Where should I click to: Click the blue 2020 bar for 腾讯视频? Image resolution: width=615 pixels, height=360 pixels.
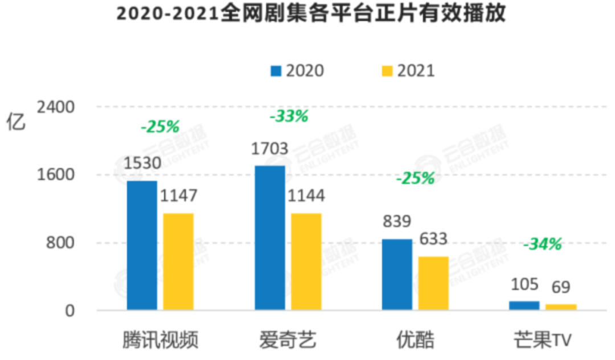pyautogui.click(x=142, y=246)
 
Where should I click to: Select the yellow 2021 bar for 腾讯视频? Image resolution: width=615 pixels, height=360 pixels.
pyautogui.click(x=178, y=262)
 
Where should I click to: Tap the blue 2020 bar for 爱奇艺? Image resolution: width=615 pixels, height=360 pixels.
pyautogui.click(x=270, y=238)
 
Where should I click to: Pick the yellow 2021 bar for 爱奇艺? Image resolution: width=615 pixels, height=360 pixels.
pyautogui.click(x=306, y=262)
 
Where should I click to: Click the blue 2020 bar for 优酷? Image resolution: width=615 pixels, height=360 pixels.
pyautogui.click(x=397, y=275)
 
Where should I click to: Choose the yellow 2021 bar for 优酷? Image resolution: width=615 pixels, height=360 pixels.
pyautogui.click(x=433, y=284)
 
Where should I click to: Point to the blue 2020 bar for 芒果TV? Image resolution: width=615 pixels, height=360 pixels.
pyautogui.click(x=524, y=305)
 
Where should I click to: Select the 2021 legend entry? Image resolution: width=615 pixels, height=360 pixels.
pyautogui.click(x=408, y=71)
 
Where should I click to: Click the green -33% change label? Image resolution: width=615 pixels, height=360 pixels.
pyautogui.click(x=289, y=116)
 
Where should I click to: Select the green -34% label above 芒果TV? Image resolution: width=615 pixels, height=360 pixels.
pyautogui.click(x=542, y=244)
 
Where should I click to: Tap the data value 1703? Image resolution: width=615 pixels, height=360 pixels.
pyautogui.click(x=270, y=149)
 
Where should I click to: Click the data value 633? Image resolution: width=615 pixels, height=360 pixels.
pyautogui.click(x=433, y=239)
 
